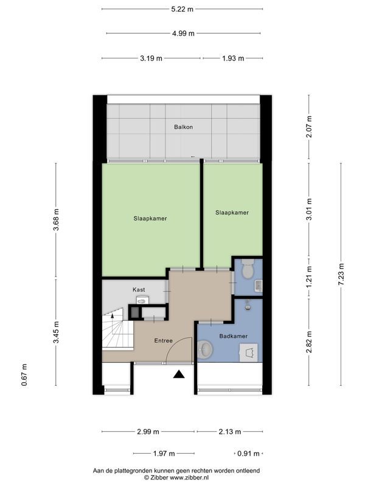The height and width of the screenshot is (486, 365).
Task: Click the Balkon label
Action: coord(182,128)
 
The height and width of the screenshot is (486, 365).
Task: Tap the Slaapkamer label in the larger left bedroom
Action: coord(150,218)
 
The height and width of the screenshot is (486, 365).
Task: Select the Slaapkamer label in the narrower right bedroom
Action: coord(232,213)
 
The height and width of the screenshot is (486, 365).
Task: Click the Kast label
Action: coord(139,290)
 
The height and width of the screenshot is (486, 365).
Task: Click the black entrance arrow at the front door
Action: coord(179,374)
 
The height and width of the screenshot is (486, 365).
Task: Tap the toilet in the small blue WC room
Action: coord(247,268)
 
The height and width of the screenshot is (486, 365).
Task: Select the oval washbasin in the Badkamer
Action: coord(206,349)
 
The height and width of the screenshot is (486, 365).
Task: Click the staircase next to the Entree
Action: coord(117,333)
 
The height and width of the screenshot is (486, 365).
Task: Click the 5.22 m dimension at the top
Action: coord(182,9)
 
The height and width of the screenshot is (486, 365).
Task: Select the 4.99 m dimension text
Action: coord(182,33)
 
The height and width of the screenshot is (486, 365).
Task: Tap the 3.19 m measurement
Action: coord(151,59)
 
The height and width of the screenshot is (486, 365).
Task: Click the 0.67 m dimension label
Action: coord(24,375)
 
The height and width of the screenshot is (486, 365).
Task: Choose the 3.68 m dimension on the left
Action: coord(56,217)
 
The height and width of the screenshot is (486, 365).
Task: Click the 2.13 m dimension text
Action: coord(229,432)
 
